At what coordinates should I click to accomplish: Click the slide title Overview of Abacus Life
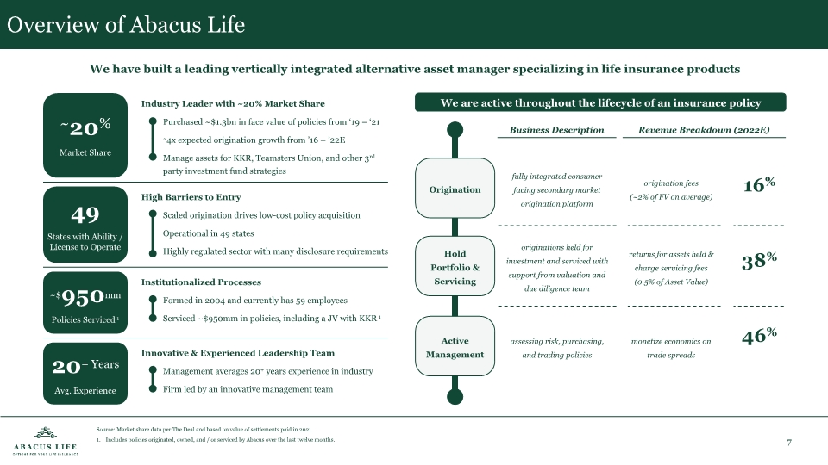point(126,25)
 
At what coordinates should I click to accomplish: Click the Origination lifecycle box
point(455,189)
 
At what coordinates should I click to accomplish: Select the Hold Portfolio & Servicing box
point(455,269)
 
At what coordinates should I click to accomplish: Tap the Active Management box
point(455,348)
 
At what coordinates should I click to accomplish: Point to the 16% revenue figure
point(759,185)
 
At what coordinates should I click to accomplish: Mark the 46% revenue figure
point(759,337)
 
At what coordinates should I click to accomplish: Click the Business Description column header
point(556,130)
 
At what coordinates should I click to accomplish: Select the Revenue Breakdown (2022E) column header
point(704,130)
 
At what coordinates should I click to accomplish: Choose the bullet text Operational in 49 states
point(208,233)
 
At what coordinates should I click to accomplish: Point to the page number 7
point(789,443)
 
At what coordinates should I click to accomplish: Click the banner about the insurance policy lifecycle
point(600,103)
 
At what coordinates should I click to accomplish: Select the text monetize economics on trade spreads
point(671,348)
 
